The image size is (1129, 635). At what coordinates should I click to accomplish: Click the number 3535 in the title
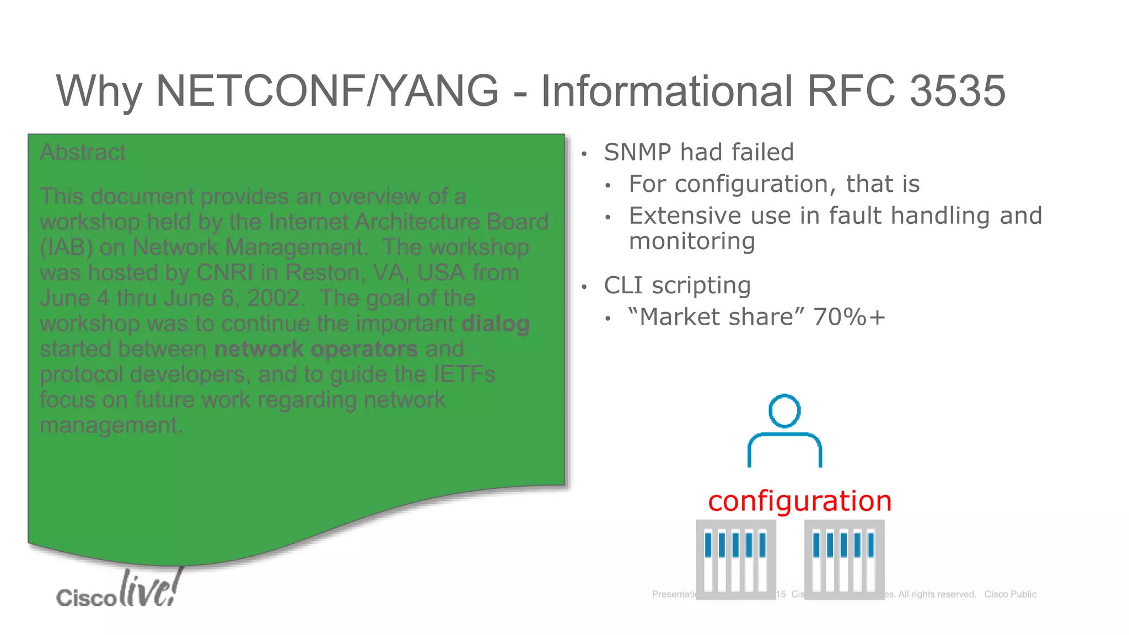click(x=957, y=91)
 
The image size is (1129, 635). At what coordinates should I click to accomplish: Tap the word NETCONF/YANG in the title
click(x=327, y=91)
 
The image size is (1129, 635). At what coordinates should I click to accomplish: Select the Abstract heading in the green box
click(x=83, y=152)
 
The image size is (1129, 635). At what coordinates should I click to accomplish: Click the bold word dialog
click(x=496, y=324)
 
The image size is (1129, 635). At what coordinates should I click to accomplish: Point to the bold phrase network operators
click(x=316, y=349)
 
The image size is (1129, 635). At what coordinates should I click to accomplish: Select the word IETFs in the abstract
click(x=464, y=374)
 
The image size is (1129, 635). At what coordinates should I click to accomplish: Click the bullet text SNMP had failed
click(x=698, y=152)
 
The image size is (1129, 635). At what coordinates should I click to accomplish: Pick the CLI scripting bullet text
click(x=677, y=286)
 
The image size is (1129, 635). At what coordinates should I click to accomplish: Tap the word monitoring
click(x=692, y=241)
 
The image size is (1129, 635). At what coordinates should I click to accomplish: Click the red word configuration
click(x=799, y=501)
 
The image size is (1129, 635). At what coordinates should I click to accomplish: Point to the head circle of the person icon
click(x=784, y=411)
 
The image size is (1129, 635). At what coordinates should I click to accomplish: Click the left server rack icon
click(x=736, y=559)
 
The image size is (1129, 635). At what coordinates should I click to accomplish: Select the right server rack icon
click(x=844, y=559)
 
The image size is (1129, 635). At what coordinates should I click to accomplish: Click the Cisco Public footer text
click(x=1010, y=594)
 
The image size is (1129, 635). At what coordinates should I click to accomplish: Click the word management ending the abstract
click(x=110, y=425)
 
